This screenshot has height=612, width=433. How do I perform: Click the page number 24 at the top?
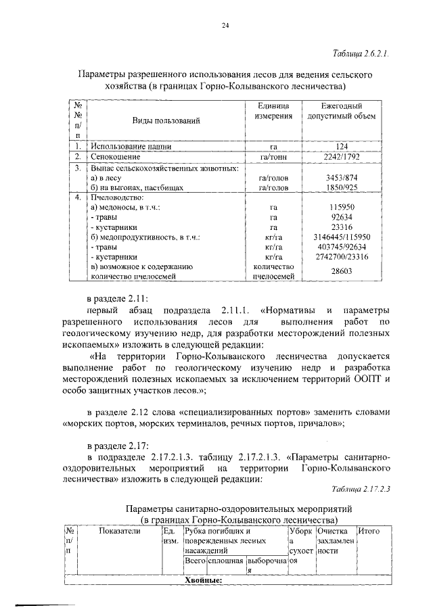coord(225,26)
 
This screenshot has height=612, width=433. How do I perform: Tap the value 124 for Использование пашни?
coord(341,145)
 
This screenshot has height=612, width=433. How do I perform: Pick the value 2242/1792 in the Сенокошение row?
coord(341,156)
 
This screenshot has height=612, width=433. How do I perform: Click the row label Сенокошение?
coord(120,156)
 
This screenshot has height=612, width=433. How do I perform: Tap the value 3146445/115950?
coord(341,237)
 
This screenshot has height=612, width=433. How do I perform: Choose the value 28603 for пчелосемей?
coord(341,270)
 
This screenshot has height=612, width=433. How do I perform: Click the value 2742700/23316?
coord(341,257)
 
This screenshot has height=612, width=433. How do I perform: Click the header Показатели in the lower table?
coord(119,532)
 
